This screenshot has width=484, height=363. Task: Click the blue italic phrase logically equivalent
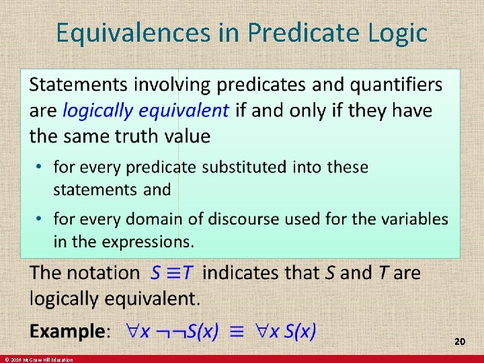[146, 110]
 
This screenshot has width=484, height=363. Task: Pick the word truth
[132, 136]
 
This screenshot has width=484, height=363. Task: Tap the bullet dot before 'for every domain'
[40, 219]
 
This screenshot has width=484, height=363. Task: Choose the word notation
[103, 273]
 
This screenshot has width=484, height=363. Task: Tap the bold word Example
[68, 331]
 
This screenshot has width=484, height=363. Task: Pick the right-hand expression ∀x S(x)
[286, 331]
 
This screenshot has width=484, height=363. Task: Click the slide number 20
[460, 342]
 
